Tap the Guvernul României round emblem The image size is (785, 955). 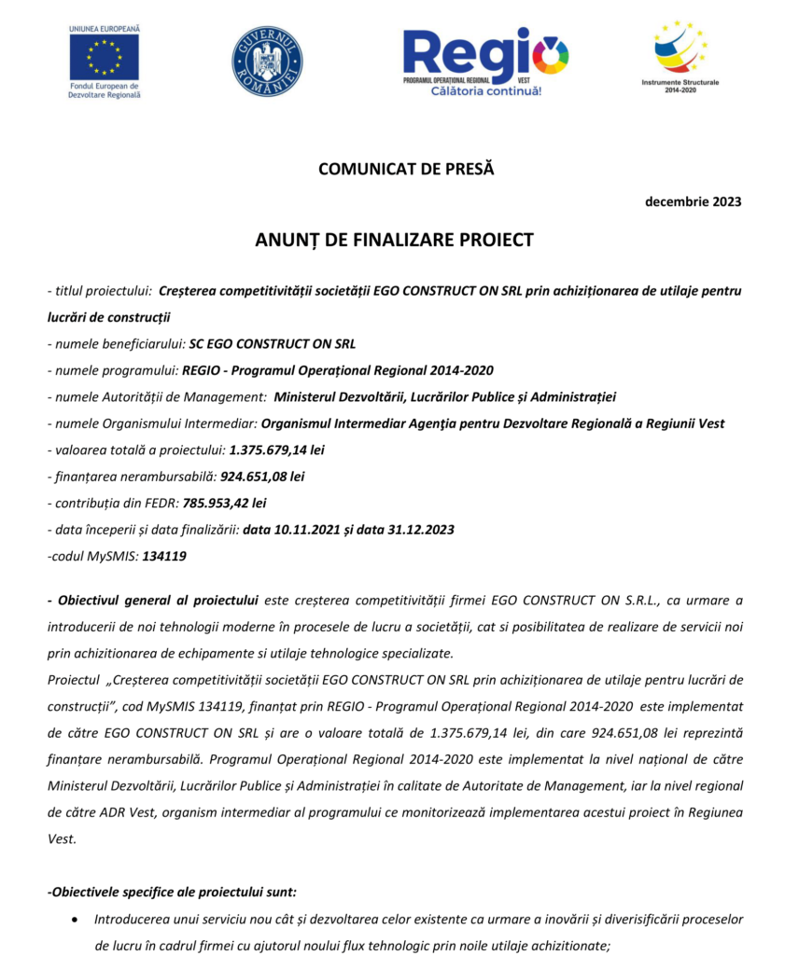point(267,62)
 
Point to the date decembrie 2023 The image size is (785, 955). point(694,202)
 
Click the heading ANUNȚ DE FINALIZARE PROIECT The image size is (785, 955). point(394,240)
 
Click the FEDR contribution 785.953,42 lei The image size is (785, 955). point(224,503)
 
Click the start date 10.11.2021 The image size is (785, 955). point(308,529)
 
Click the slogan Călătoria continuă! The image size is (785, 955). point(485,91)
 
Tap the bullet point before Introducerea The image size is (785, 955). point(75,920)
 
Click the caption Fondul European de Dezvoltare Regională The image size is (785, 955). point(105,90)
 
